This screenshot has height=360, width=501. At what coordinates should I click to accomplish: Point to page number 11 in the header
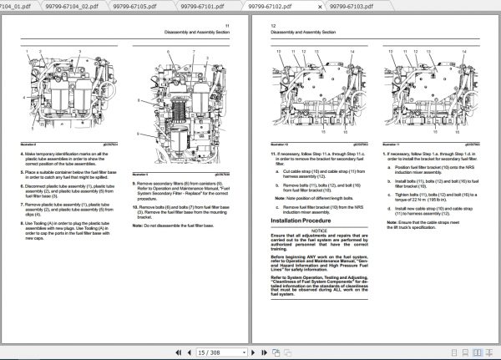227,26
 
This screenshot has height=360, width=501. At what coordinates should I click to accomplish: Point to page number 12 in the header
272,26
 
